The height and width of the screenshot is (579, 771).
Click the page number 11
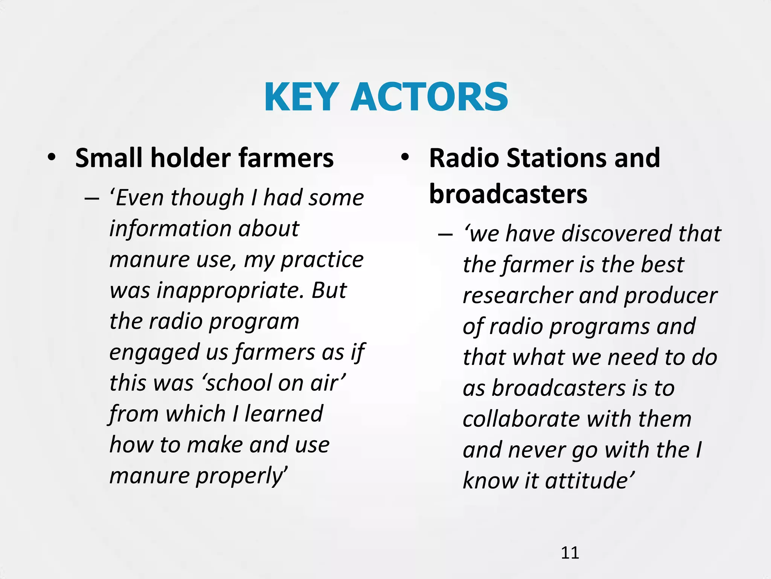(x=570, y=553)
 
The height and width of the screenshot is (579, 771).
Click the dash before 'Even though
(x=92, y=199)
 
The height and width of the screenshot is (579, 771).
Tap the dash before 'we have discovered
(x=445, y=235)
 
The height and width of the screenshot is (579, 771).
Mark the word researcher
(x=518, y=296)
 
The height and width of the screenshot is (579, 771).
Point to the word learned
(x=284, y=414)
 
